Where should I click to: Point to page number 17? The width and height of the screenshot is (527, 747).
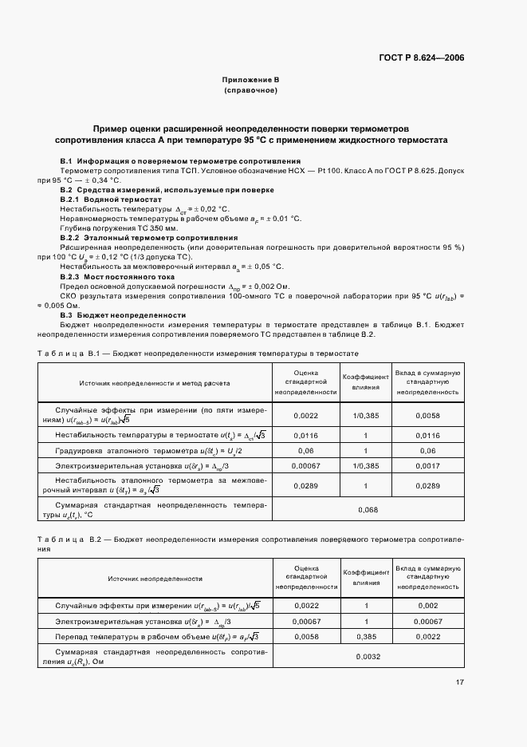click(x=459, y=682)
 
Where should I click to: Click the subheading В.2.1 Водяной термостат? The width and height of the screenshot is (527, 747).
click(x=111, y=199)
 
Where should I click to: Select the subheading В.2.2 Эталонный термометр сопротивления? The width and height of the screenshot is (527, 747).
click(x=149, y=238)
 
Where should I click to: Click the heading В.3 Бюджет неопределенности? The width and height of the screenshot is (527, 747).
click(x=123, y=315)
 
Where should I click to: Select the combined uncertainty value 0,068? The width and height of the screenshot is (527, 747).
click(x=368, y=510)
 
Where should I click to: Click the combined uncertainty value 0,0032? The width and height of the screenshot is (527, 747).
click(x=368, y=657)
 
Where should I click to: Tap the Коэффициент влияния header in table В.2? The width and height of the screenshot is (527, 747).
click(x=365, y=578)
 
